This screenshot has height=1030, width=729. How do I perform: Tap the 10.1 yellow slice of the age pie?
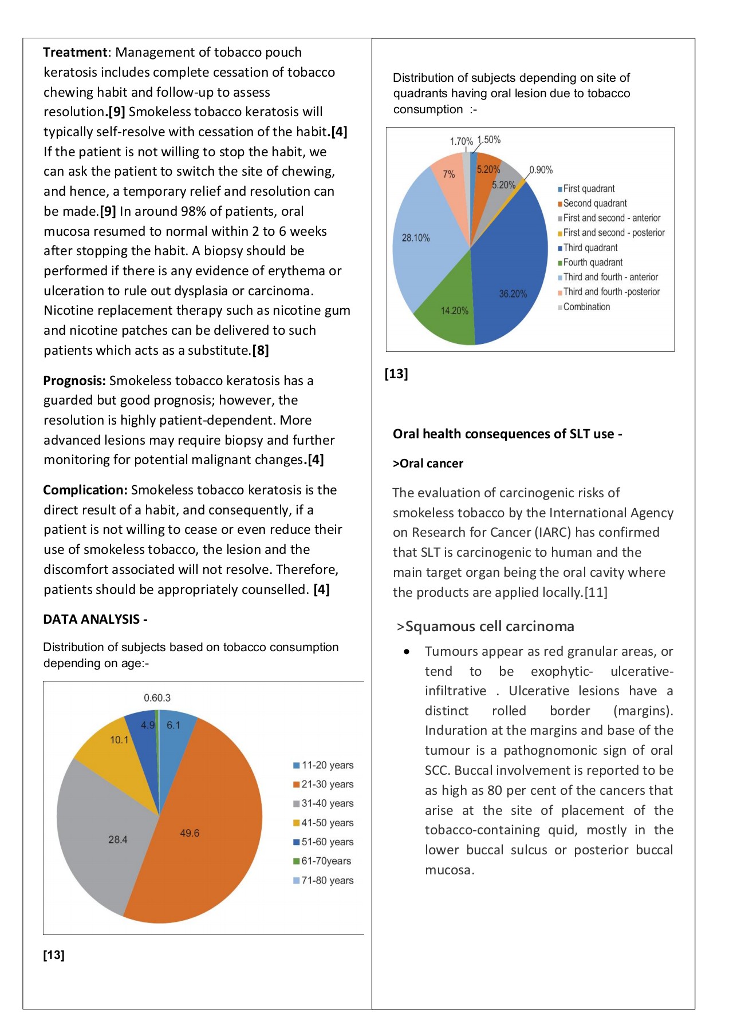pyautogui.click(x=115, y=744)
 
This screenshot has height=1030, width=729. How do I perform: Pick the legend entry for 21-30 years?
pyautogui.click(x=324, y=785)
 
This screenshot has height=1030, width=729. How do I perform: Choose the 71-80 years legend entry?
pyautogui.click(x=324, y=881)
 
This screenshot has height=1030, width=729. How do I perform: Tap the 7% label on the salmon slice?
pyautogui.click(x=449, y=174)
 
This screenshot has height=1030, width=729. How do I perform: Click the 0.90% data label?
pyautogui.click(x=541, y=170)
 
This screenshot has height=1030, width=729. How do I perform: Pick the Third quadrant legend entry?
pyautogui.click(x=588, y=248)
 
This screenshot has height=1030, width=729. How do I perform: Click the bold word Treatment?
pyautogui.click(x=75, y=52)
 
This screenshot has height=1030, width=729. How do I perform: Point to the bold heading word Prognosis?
pyautogui.click(x=74, y=381)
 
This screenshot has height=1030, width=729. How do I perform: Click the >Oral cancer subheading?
pyautogui.click(x=428, y=463)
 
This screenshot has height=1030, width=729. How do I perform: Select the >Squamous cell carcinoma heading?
pyautogui.click(x=486, y=627)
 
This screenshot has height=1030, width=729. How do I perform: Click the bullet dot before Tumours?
pyautogui.click(x=407, y=652)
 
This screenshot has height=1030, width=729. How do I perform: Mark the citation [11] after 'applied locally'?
pyautogui.click(x=596, y=592)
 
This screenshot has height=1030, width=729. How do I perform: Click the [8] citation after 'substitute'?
pyautogui.click(x=261, y=350)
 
